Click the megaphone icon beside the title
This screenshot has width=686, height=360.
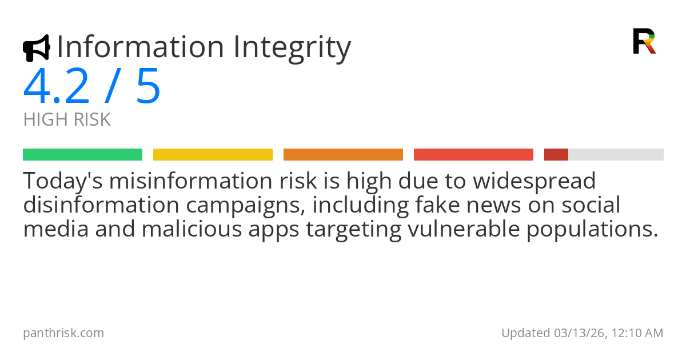36,48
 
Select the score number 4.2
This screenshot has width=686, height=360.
56,87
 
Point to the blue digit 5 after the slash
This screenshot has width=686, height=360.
148,87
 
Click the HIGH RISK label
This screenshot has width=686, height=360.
67,120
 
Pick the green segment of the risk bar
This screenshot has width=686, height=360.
82,155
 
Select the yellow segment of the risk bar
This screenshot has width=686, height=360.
213,155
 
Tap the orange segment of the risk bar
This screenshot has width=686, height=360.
343,155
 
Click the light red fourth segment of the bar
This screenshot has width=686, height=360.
473,155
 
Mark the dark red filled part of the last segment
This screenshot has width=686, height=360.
556,155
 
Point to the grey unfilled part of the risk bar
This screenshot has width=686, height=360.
616,155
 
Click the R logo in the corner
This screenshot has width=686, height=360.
644,41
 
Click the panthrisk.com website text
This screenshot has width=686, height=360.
63,333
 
